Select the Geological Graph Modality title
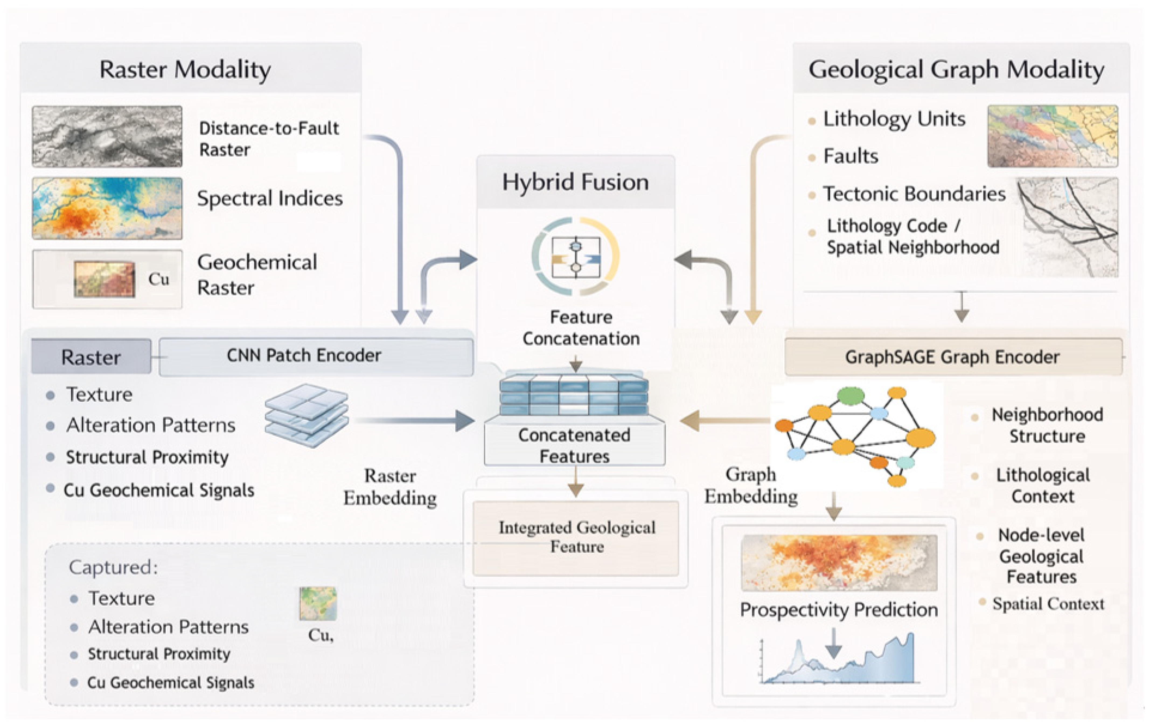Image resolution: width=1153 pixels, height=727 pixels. pos(956,70)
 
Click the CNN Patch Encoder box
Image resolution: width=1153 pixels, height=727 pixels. pos(316,356)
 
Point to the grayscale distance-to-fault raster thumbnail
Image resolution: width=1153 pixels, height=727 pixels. pos(107,137)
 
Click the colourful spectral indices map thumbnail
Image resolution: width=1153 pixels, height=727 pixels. pos(107,208)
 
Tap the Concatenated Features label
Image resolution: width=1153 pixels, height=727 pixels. pos(574,445)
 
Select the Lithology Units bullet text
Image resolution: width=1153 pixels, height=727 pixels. pos(894,119)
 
